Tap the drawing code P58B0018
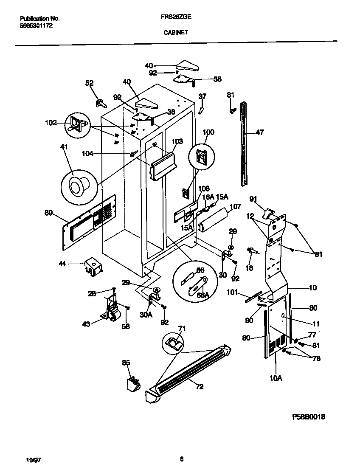pyautogui.click(x=309, y=417)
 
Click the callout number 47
pyautogui.click(x=260, y=132)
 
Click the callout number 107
pyautogui.click(x=235, y=207)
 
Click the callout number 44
pyautogui.click(x=62, y=264)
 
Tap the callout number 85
pyautogui.click(x=126, y=363)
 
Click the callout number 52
pyautogui.click(x=89, y=83)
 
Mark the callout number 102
pyautogui.click(x=51, y=123)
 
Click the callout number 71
pyautogui.click(x=182, y=328)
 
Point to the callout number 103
pyautogui.click(x=177, y=141)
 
